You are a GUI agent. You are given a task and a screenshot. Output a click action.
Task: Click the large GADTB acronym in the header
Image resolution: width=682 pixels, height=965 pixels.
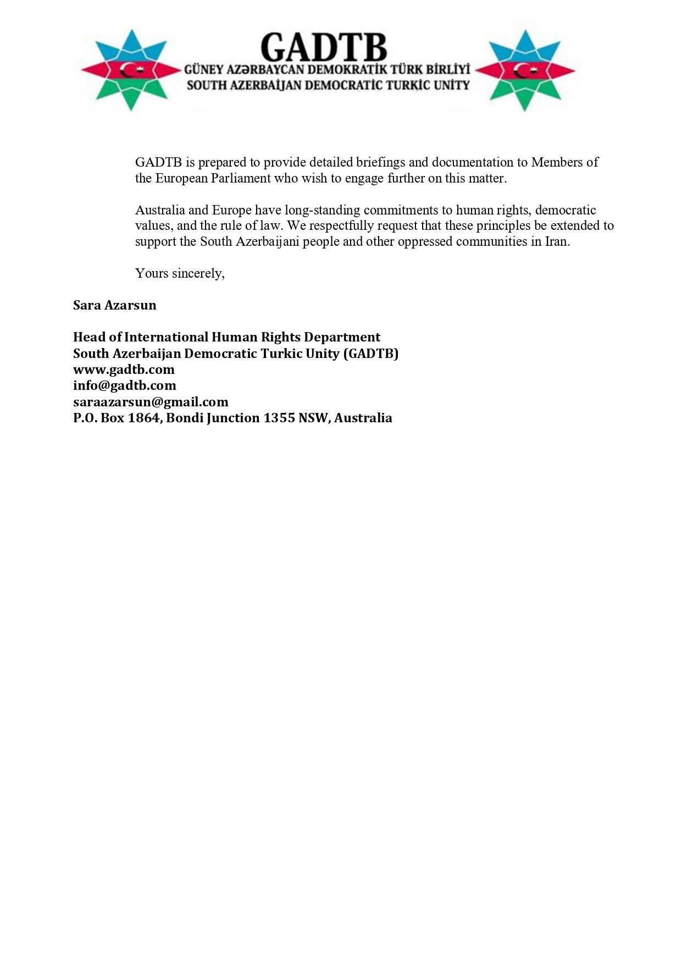coord(324,47)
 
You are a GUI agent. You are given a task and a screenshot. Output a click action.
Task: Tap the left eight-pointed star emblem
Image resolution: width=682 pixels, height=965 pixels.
coord(131,70)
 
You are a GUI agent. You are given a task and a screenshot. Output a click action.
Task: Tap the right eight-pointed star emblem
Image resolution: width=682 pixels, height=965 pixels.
coord(525,70)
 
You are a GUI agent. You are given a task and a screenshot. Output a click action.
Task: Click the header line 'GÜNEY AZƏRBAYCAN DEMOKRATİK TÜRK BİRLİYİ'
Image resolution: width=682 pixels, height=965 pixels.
coord(328,70)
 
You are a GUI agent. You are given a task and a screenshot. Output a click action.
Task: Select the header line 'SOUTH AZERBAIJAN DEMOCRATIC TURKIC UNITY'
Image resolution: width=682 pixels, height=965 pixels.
coord(328,85)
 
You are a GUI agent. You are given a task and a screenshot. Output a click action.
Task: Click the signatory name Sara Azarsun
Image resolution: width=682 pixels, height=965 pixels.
coord(114,305)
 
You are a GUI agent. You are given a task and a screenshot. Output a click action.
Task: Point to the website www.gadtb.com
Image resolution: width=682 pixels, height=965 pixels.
coord(124,370)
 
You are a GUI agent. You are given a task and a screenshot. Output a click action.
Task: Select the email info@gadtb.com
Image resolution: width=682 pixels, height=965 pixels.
coord(124,385)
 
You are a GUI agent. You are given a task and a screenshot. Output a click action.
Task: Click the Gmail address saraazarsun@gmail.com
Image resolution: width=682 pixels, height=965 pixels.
coord(151,402)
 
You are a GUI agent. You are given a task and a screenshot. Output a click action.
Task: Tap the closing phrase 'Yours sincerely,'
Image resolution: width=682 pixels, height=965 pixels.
coord(180,273)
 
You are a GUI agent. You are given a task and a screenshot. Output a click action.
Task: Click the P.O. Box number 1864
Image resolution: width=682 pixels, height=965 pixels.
coord(145,418)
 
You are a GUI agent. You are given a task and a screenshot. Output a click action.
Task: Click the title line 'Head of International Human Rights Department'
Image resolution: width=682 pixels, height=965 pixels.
coord(226,337)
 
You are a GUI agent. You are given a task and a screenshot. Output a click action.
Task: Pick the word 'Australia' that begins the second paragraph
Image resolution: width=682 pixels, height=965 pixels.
coord(160,210)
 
